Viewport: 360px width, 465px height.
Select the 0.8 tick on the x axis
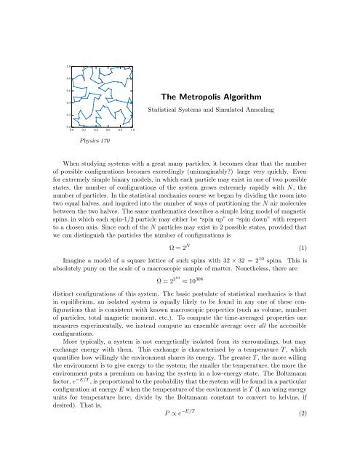(x=119, y=131)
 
